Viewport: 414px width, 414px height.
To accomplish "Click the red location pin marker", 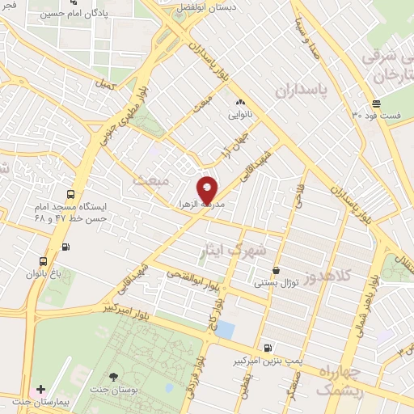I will [208, 189].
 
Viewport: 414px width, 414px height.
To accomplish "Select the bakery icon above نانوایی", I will [239, 103].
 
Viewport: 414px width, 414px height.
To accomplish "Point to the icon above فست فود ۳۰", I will [376, 103].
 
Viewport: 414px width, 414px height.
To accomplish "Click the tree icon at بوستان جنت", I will [112, 377].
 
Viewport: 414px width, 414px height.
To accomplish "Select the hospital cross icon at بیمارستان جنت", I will [40, 389].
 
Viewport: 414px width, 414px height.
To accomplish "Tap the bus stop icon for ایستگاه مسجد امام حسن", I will [71, 194].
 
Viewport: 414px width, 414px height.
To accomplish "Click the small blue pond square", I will [226, 330].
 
